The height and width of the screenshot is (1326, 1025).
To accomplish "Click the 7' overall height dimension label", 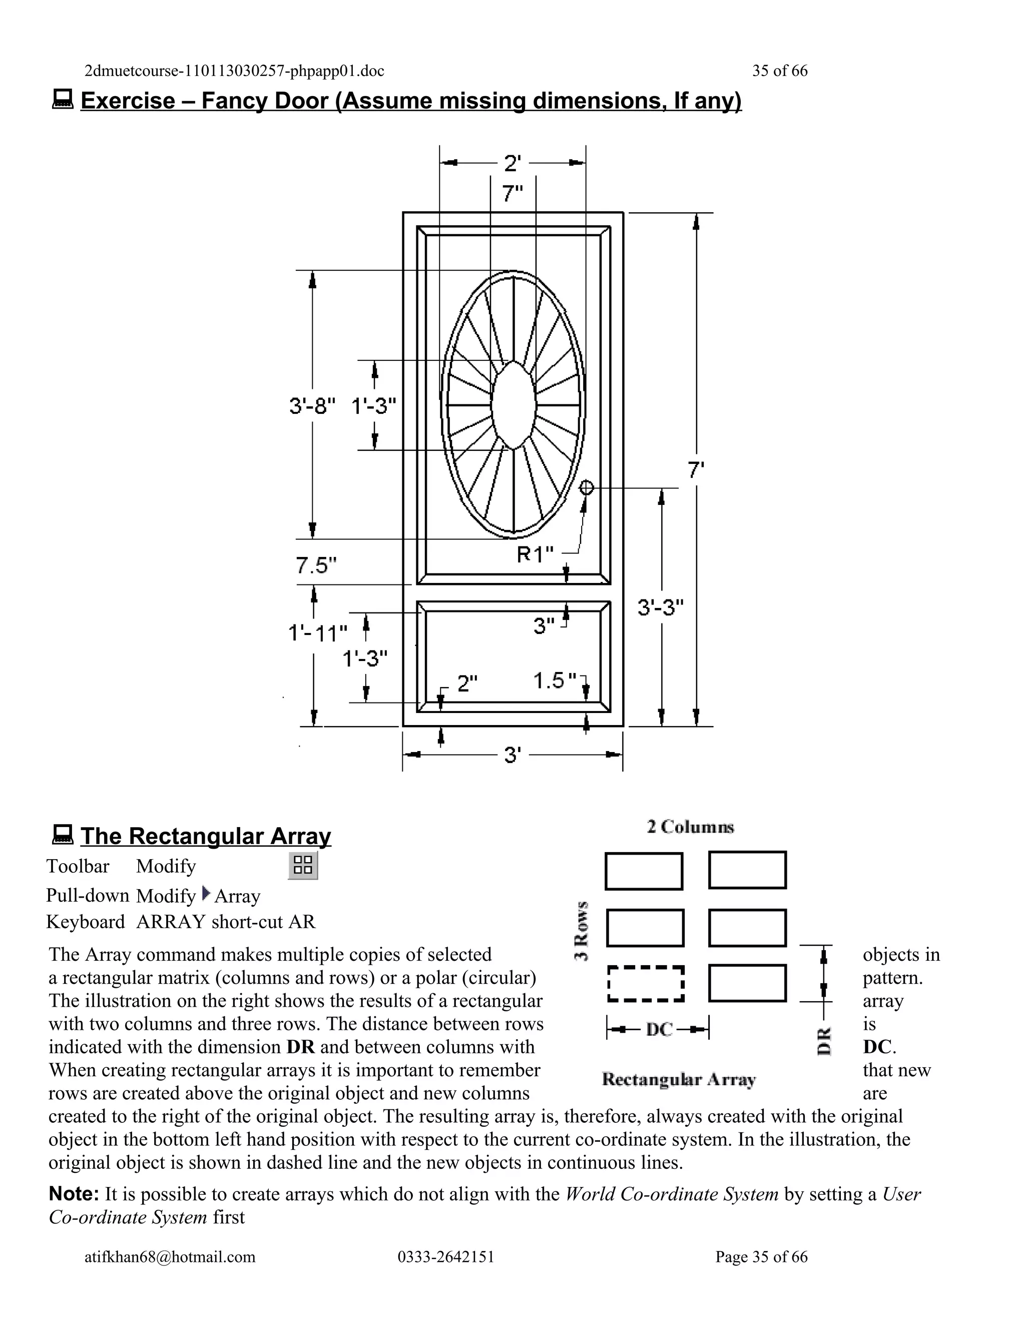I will pyautogui.click(x=696, y=469).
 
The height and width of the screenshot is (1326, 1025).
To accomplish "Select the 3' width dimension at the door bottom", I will pyautogui.click(x=512, y=755).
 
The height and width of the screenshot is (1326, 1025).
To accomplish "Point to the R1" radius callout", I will pyautogui.click(x=535, y=554).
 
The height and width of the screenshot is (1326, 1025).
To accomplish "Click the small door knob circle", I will pyautogui.click(x=586, y=487).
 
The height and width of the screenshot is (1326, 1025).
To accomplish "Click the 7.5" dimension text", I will pyautogui.click(x=316, y=565).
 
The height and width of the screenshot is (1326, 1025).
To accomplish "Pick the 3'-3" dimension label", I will pyautogui.click(x=661, y=606).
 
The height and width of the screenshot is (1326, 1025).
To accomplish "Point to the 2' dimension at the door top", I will pyautogui.click(x=512, y=163).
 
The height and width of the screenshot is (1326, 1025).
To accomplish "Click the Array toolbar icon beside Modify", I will pyautogui.click(x=302, y=865).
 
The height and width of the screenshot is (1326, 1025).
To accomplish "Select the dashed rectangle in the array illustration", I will pyautogui.click(x=646, y=983).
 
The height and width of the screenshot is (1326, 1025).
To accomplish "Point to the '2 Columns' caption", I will pyautogui.click(x=690, y=827).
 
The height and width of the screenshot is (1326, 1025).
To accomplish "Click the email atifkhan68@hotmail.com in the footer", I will pyautogui.click(x=170, y=1256).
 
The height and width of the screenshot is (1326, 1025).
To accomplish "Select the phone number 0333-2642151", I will pyautogui.click(x=446, y=1256).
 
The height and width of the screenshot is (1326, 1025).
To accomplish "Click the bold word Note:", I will pyautogui.click(x=74, y=1193).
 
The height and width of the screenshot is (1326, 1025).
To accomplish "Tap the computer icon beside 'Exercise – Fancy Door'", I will pyautogui.click(x=63, y=99).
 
